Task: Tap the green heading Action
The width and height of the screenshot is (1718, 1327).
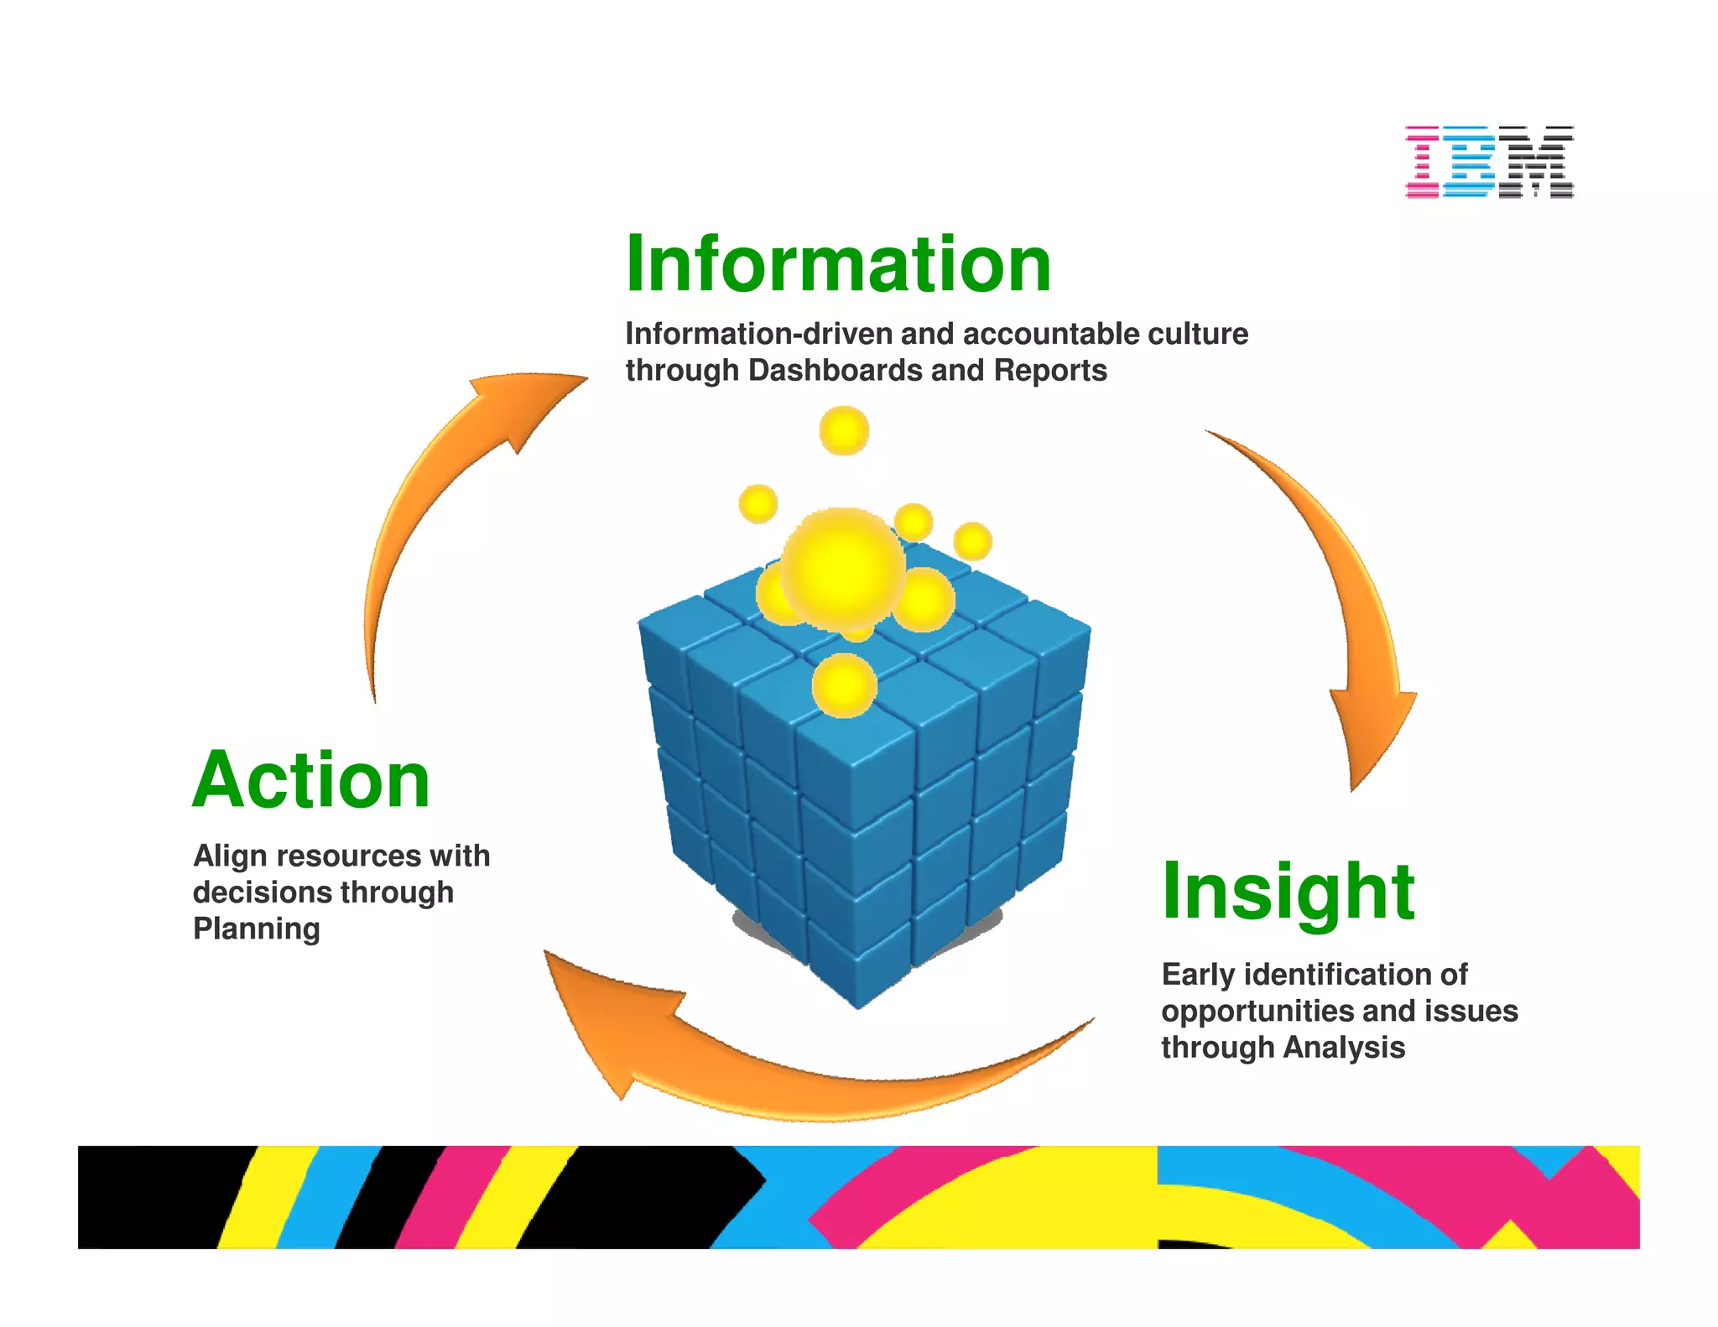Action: click(x=311, y=781)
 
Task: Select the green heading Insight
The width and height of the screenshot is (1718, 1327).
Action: click(x=1288, y=892)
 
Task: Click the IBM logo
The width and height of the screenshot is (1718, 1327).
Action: click(x=1489, y=162)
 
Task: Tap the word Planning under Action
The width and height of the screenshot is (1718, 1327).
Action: click(x=256, y=929)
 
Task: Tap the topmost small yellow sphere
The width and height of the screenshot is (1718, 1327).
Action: click(x=844, y=431)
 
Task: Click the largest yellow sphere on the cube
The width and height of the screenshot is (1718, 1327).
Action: click(x=843, y=570)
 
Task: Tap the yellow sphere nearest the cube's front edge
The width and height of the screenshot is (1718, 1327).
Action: click(x=844, y=686)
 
